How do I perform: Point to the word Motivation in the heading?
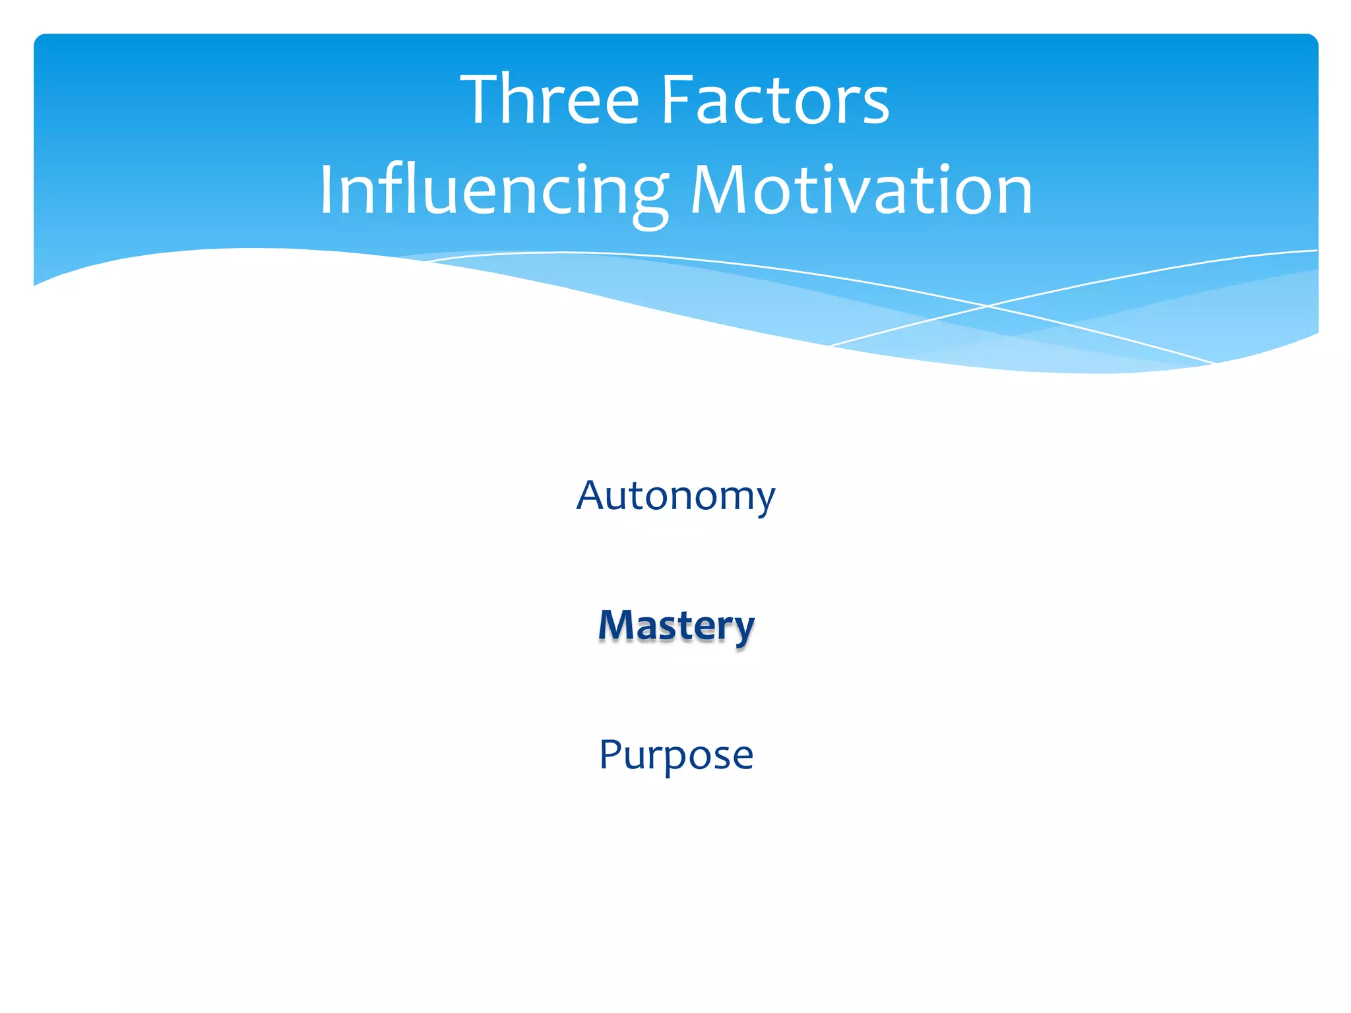pos(861,191)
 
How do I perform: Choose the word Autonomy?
pos(675,496)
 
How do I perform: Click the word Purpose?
pos(676,754)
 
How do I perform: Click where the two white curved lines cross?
pos(988,306)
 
